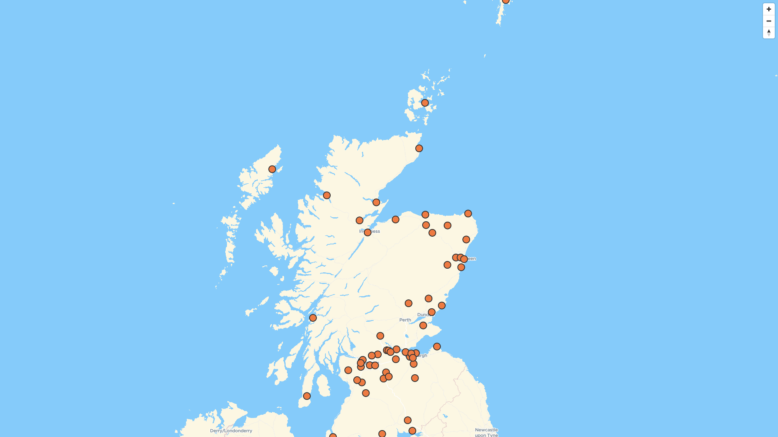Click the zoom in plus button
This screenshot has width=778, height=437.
(769, 9)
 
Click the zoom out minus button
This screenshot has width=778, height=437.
(769, 21)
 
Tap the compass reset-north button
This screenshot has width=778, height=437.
(769, 33)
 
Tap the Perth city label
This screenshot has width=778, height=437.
(405, 320)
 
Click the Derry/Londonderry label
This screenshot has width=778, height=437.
(231, 431)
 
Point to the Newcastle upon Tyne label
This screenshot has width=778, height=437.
(486, 432)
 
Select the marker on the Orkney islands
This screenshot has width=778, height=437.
(425, 103)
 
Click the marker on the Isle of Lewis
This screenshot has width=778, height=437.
(272, 169)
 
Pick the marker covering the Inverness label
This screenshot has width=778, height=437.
(368, 233)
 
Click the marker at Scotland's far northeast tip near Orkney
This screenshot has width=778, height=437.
(419, 148)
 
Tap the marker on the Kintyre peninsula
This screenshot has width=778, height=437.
(307, 396)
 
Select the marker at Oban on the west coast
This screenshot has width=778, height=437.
(313, 318)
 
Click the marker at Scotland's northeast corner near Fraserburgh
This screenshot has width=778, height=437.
(468, 214)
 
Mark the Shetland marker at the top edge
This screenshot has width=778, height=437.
(506, 1)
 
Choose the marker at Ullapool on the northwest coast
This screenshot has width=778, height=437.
(327, 195)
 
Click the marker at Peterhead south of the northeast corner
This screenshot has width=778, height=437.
(466, 240)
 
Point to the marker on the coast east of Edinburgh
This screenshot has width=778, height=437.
(437, 347)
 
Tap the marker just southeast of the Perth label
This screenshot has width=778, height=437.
(423, 326)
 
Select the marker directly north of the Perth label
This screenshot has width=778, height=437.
(408, 303)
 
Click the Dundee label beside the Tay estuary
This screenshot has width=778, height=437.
(423, 315)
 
